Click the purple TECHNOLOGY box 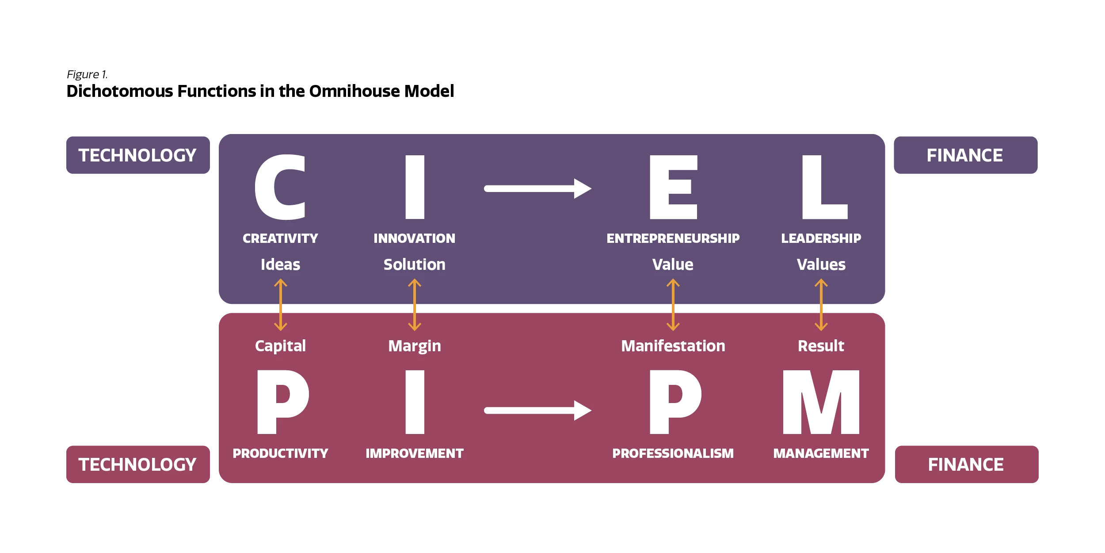click(x=137, y=155)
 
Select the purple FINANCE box click(x=965, y=155)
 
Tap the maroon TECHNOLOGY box click(x=137, y=465)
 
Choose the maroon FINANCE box click(x=966, y=465)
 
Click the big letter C click(x=280, y=187)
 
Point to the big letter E click(x=673, y=187)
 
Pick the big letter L click(x=823, y=187)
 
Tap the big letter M click(x=821, y=402)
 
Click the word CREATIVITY click(x=280, y=238)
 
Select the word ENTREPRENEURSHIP click(x=673, y=238)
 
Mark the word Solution click(x=414, y=265)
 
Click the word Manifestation click(x=673, y=346)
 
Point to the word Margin click(x=414, y=346)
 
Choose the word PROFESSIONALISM click(x=673, y=453)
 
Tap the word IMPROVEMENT click(x=414, y=453)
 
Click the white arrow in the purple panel click(x=537, y=188)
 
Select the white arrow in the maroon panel click(x=537, y=411)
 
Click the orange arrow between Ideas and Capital click(x=281, y=305)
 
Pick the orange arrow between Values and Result click(x=821, y=305)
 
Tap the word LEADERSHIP click(x=821, y=238)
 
